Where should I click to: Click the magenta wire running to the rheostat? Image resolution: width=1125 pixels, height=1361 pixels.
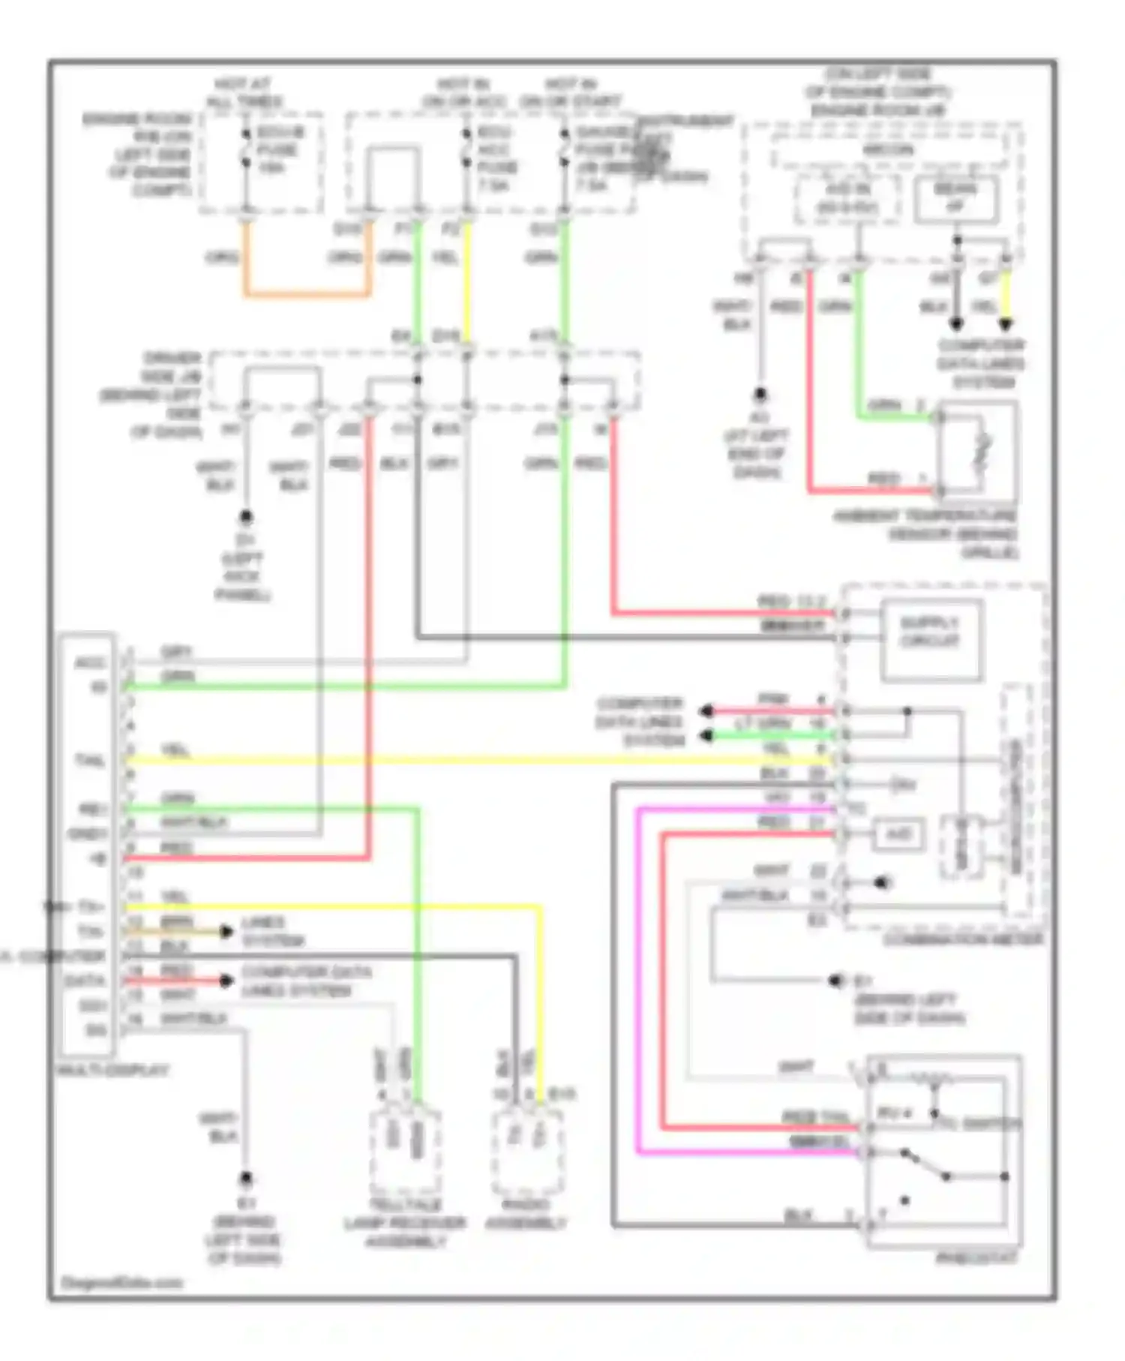pos(637,975)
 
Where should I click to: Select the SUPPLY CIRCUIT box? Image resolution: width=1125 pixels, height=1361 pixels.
pos(930,640)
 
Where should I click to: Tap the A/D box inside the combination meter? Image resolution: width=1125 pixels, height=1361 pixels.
pos(898,834)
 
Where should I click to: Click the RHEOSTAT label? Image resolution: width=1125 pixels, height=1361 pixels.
pos(976,1257)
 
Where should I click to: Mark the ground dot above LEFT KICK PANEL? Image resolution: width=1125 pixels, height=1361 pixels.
pos(245,517)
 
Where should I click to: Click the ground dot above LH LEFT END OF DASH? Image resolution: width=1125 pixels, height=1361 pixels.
pos(760,393)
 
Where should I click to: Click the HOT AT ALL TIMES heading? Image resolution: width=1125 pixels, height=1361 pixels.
pos(244,92)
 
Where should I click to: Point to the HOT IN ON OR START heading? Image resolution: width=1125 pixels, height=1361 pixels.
pos(570,92)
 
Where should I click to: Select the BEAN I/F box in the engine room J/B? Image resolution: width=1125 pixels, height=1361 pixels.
pos(955,198)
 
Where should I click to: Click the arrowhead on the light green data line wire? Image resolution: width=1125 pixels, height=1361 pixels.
pos(705,736)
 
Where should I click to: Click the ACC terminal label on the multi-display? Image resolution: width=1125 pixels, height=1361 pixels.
pos(90,663)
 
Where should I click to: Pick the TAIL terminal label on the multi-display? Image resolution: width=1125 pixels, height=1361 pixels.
pos(90,761)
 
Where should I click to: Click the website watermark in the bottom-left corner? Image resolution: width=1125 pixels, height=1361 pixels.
pos(122,1282)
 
